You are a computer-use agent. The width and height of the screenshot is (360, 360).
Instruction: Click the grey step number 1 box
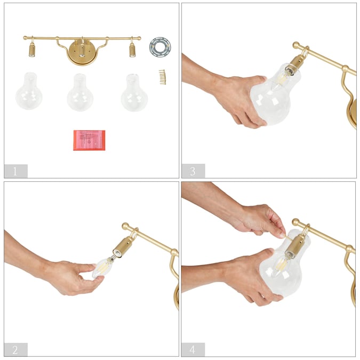pyautogui.click(x=16, y=171)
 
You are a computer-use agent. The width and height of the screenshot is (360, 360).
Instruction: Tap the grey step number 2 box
pyautogui.click(x=16, y=349)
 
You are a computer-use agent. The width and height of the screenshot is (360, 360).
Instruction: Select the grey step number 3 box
pyautogui.click(x=193, y=171)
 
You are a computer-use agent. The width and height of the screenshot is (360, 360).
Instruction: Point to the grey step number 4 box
pyautogui.click(x=193, y=349)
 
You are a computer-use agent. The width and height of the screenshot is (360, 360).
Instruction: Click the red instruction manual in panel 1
pyautogui.click(x=89, y=140)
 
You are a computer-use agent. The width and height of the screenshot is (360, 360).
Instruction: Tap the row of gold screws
pyautogui.click(x=163, y=77)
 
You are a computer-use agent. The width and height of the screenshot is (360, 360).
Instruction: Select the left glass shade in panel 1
pyautogui.click(x=29, y=91)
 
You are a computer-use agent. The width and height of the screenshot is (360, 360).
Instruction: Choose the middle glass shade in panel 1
pyautogui.click(x=80, y=92)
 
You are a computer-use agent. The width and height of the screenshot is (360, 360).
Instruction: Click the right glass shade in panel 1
pyautogui.click(x=134, y=92)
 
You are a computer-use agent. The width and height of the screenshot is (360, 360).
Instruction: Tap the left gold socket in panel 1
pyautogui.click(x=32, y=50)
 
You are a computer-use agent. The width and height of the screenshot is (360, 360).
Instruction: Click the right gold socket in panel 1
pyautogui.click(x=132, y=50)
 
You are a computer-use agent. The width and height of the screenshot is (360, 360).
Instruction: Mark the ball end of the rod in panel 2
pyautogui.click(x=125, y=226)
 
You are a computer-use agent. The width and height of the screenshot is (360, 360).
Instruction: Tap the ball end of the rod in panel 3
pyautogui.click(x=296, y=45)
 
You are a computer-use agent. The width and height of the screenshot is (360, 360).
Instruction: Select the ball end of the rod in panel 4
pyautogui.click(x=295, y=222)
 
